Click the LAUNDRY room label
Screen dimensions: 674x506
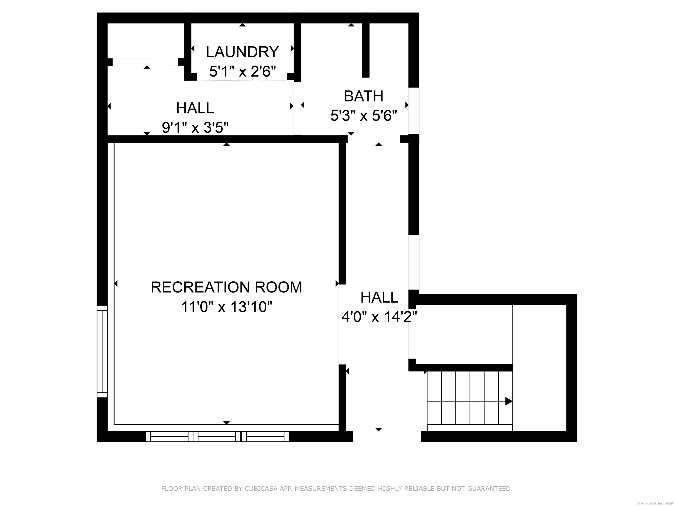242,52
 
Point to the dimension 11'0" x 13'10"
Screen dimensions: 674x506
226,307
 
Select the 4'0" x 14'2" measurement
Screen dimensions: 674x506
379,317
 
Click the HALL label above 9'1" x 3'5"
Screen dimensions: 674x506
195,108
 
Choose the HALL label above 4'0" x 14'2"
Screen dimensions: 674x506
379,297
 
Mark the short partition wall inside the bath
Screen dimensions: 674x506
366,50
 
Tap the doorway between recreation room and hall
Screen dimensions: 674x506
342,325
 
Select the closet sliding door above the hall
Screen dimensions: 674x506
145,62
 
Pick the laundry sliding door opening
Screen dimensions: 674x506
242,77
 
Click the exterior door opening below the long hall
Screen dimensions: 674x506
387,436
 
